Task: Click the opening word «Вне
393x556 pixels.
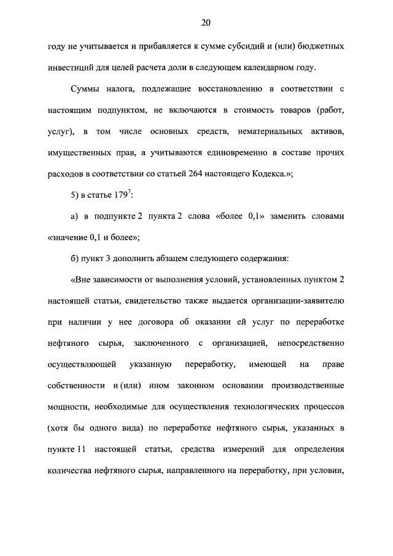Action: click(x=81, y=280)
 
